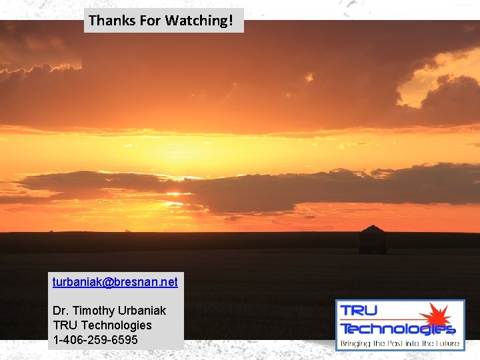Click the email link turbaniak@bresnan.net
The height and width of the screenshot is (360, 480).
tap(115, 282)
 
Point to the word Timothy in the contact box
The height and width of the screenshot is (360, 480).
tap(95, 311)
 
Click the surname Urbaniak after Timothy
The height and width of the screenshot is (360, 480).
tap(142, 311)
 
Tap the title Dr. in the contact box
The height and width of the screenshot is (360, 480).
tap(61, 311)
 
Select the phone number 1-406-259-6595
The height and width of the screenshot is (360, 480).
tap(95, 340)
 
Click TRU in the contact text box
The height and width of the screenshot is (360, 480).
tap(65, 325)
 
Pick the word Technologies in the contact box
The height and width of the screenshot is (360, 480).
tap(116, 325)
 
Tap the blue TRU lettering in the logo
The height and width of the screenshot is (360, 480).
tap(359, 311)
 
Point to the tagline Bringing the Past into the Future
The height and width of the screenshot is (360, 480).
tap(400, 344)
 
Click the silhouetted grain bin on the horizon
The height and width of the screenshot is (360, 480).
tap(373, 241)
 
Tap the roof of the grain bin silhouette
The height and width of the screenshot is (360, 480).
tap(373, 229)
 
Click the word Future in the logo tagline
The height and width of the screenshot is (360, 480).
tap(446, 344)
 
